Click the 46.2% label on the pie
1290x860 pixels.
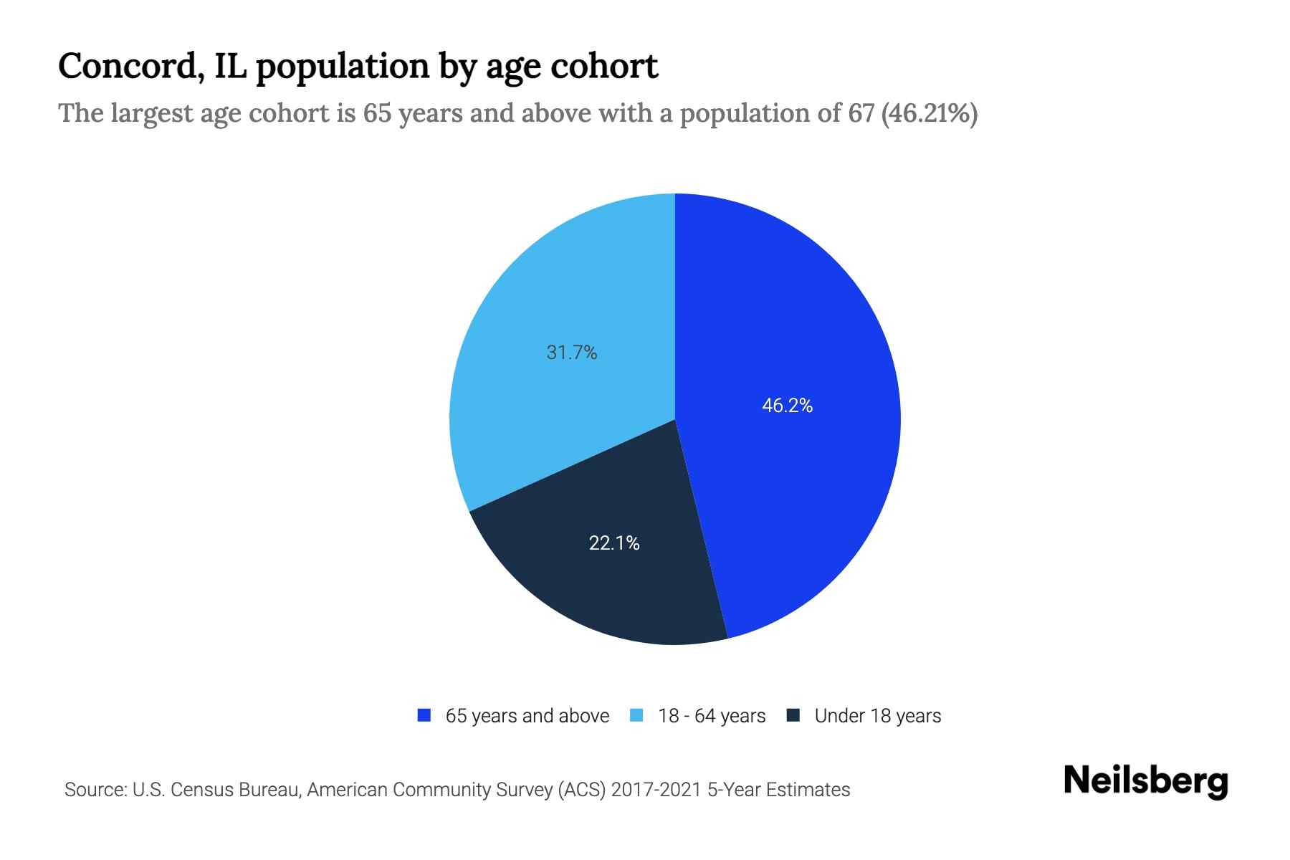pos(787,406)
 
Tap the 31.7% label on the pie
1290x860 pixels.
pos(571,353)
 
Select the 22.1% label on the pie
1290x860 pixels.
pos(614,543)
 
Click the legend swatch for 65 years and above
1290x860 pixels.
pos(424,715)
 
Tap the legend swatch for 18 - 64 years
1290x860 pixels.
pos(636,715)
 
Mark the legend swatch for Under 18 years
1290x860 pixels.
pos(793,715)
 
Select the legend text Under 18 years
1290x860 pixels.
pos(877,716)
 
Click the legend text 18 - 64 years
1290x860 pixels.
pos(711,716)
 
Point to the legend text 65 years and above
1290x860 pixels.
pos(527,716)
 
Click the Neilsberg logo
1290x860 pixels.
pos(1145,781)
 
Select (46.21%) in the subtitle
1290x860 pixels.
pos(930,113)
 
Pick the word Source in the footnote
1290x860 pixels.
pos(93,790)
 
